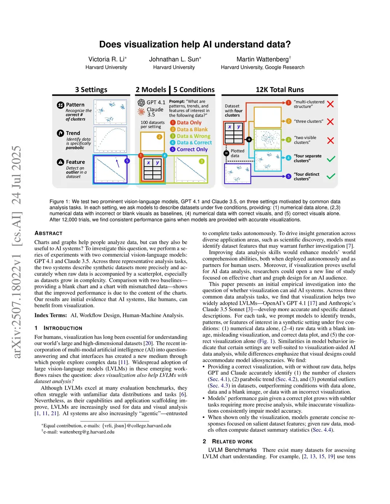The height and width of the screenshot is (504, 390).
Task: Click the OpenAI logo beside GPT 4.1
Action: [141, 103]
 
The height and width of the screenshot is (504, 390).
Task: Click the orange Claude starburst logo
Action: [141, 112]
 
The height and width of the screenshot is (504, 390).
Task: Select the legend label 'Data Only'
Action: [189, 122]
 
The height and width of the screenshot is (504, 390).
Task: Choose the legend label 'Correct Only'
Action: [192, 149]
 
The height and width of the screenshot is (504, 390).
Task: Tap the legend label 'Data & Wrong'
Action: [193, 136]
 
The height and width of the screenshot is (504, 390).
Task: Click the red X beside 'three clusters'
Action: [330, 122]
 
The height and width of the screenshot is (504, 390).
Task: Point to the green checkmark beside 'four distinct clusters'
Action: [331, 176]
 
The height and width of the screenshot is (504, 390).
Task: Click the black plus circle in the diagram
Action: [249, 140]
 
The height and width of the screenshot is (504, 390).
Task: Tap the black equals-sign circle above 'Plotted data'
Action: [226, 153]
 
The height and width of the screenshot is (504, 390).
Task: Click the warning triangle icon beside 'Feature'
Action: [61, 162]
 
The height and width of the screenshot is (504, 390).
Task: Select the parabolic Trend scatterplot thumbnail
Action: [110, 140]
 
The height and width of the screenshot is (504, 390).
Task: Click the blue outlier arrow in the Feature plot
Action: [117, 163]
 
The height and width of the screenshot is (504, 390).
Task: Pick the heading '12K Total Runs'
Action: [280, 90]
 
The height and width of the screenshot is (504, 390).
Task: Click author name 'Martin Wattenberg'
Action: [262, 59]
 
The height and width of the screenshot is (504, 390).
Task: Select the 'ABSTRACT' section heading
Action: [48, 233]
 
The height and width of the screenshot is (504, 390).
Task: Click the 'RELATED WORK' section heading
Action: [232, 442]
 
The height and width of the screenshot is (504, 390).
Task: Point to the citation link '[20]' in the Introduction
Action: [148, 343]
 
